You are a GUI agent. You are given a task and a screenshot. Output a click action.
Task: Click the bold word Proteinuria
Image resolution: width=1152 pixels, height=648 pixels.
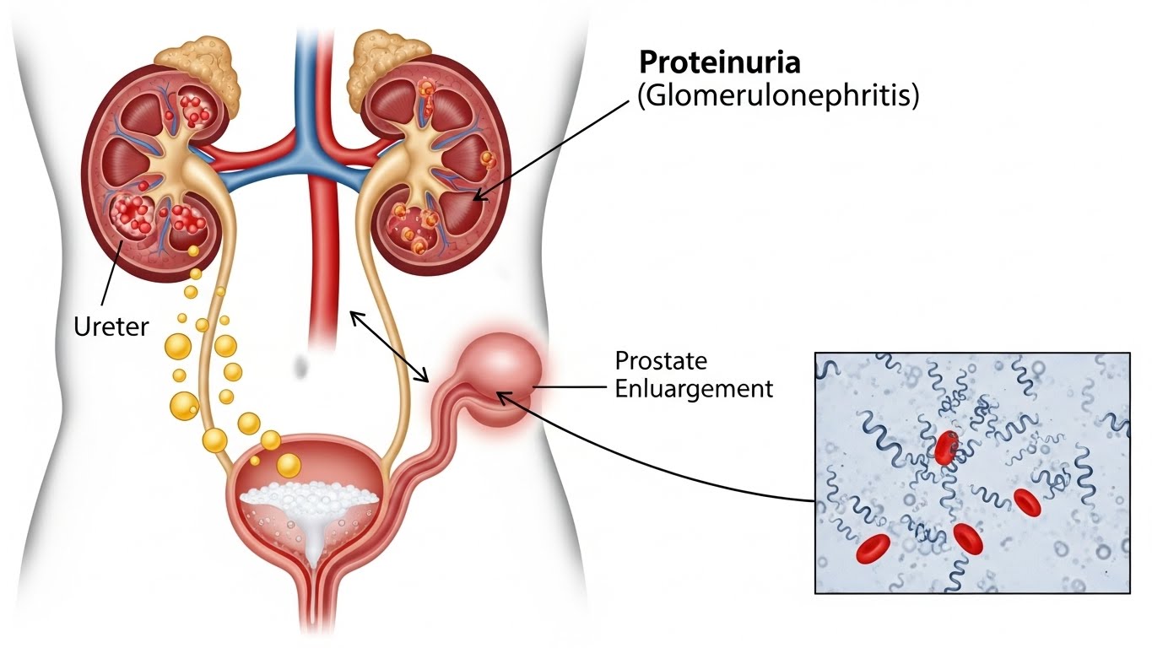[718, 63]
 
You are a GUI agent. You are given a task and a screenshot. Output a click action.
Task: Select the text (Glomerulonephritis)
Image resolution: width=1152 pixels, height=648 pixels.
[778, 95]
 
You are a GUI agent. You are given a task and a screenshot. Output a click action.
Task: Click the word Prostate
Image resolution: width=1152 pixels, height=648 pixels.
[661, 360]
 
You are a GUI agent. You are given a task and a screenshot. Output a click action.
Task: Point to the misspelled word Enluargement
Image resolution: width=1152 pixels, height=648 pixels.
[694, 389]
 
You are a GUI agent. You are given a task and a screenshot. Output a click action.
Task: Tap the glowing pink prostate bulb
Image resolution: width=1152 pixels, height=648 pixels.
[500, 360]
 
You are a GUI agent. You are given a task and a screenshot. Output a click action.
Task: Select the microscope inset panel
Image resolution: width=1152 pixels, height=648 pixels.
[971, 472]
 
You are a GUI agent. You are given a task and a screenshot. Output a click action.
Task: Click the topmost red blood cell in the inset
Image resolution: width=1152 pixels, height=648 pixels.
[946, 447]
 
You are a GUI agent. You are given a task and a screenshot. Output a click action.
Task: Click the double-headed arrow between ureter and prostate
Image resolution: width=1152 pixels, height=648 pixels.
[388, 347]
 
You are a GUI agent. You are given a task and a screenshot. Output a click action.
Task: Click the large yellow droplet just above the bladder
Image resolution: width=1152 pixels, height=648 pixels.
[289, 465]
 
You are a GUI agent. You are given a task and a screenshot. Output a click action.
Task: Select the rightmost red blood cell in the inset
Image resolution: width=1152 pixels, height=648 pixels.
[1025, 502]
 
